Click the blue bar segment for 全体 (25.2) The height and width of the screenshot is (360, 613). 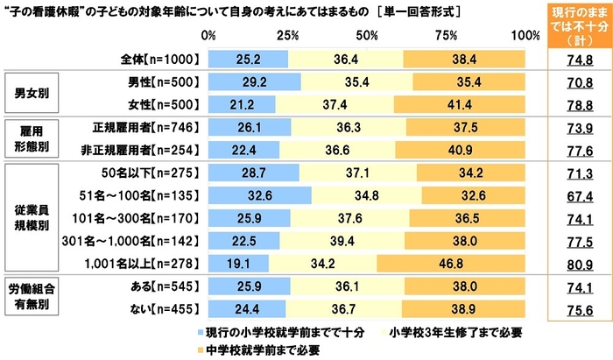point(249,59)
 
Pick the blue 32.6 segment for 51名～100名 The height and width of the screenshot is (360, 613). point(260,193)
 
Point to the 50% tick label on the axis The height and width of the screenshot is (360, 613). point(367,35)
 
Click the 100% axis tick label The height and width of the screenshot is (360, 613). point(524,35)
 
